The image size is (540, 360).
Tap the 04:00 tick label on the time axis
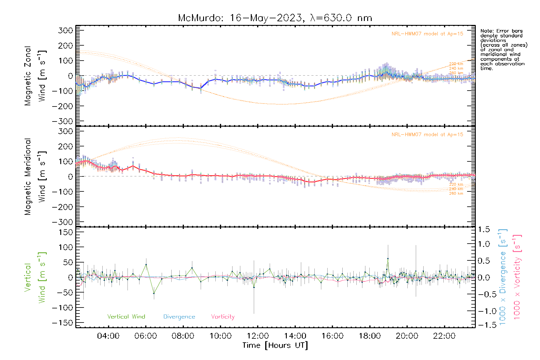tap(108, 336)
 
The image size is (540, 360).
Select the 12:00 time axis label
tap(258, 336)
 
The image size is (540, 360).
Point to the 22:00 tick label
tap(444, 336)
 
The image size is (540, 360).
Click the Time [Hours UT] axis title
tap(275, 346)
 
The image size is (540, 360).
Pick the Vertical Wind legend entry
tap(126, 317)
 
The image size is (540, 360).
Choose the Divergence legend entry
tap(179, 317)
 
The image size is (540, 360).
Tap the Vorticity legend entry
tap(223, 317)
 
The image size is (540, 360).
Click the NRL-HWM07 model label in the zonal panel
tap(427, 34)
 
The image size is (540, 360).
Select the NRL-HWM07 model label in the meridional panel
tap(427, 135)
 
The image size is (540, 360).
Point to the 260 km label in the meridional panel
tap(456, 193)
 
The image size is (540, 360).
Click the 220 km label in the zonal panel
tap(456, 64)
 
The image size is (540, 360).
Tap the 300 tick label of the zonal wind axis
tap(66, 30)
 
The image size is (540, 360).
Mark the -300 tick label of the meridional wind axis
tap(63, 222)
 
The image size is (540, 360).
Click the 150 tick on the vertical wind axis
tap(66, 232)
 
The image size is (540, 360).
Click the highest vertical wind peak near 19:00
tap(388, 258)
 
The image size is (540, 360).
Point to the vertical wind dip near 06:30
tap(154, 293)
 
